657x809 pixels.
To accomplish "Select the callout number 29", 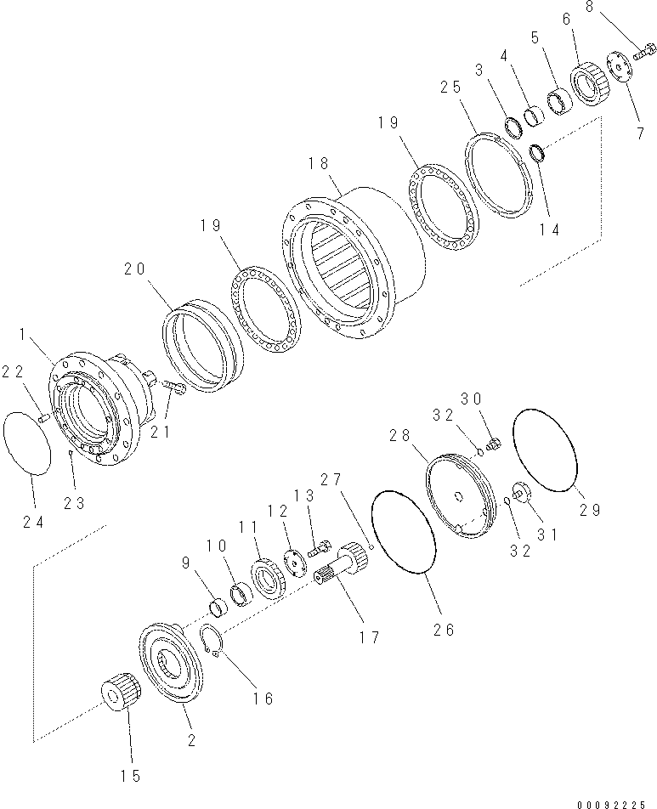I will tap(591, 510).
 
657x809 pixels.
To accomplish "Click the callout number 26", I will tap(444, 630).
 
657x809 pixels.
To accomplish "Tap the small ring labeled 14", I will tap(538, 154).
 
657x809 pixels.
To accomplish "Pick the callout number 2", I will tap(192, 740).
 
